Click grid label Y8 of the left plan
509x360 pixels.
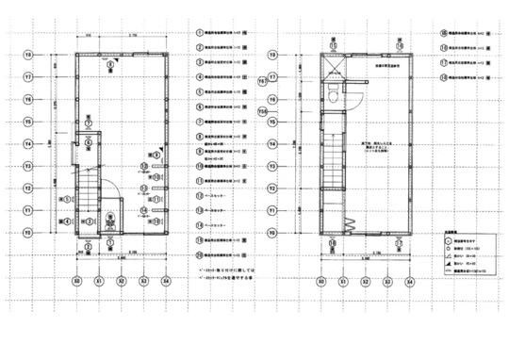pyautogui.click(x=28, y=55)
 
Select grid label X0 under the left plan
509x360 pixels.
pyautogui.click(x=76, y=281)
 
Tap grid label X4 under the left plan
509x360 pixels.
pyautogui.click(x=166, y=281)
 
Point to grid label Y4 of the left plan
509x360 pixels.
pyautogui.click(x=28, y=144)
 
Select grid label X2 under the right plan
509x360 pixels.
pyautogui.click(x=366, y=281)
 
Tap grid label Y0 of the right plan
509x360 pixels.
pyautogui.click(x=271, y=232)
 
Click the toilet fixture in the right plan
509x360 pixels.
pyautogui.click(x=336, y=90)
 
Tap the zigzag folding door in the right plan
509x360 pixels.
pyautogui.click(x=345, y=224)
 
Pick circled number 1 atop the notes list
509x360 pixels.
pyautogui.click(x=200, y=31)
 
